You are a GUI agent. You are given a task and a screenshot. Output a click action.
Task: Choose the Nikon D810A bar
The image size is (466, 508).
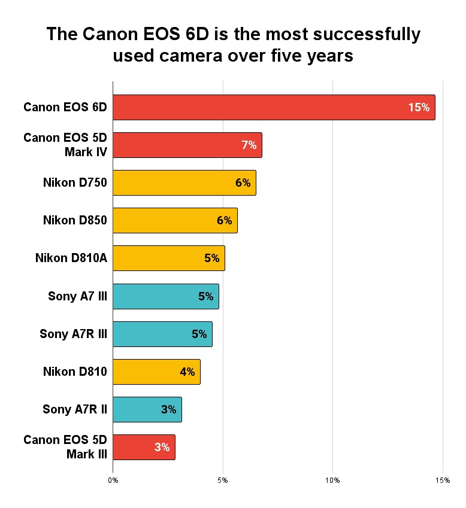[x=168, y=258]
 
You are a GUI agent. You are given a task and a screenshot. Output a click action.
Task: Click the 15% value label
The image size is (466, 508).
[x=419, y=108]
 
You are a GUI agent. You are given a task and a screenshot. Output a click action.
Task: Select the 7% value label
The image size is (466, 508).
[x=249, y=145]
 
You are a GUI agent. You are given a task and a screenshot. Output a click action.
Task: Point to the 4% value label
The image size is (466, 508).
[x=187, y=372]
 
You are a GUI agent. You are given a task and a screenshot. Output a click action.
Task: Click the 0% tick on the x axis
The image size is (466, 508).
[x=113, y=480]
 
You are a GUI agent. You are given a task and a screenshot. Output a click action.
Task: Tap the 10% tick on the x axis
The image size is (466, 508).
[x=332, y=480]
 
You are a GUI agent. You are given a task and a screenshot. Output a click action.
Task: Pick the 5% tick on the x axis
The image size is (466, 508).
[x=223, y=480]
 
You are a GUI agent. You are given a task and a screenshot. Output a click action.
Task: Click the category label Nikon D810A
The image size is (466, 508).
[x=71, y=258]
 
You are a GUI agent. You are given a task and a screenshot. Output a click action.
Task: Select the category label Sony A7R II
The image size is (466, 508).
[x=75, y=409]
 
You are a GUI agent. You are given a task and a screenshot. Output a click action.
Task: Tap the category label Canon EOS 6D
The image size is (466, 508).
[x=65, y=108]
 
